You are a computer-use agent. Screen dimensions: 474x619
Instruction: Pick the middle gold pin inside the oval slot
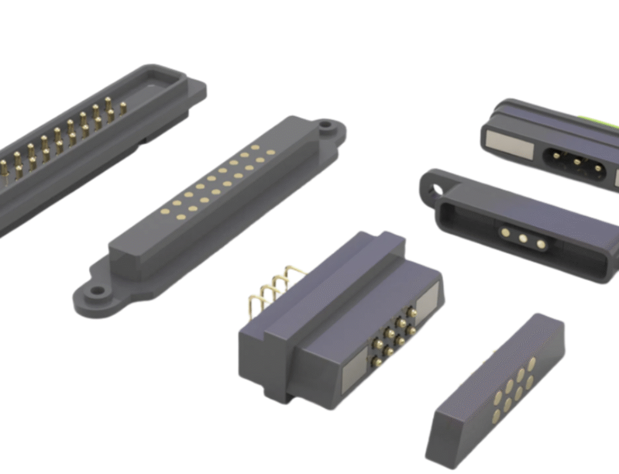[577, 162]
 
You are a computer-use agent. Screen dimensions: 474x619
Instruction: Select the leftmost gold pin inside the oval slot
[556, 156]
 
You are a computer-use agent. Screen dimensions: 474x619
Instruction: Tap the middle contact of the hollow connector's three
[523, 238]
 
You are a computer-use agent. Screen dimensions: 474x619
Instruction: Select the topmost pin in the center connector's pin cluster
[412, 313]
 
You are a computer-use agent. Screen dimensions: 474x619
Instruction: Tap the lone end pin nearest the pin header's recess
[123, 108]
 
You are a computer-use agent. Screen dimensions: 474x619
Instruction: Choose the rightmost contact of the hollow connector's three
[541, 244]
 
